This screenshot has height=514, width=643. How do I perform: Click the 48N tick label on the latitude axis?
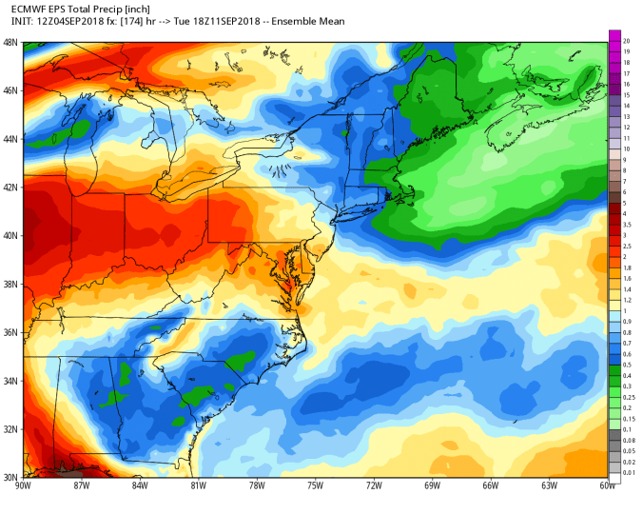coord(10,43)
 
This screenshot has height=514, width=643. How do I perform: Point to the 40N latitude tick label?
coord(10,236)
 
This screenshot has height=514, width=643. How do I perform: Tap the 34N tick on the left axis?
coord(10,382)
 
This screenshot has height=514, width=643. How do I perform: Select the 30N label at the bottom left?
coord(10,478)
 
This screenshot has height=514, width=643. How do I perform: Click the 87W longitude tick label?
coord(82,486)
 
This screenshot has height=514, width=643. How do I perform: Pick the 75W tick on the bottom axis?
coord(315,486)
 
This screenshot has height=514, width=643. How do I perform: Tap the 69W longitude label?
coord(432,486)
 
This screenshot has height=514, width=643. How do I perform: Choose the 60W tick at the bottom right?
coord(607,486)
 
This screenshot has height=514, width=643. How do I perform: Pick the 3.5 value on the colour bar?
coord(629,225)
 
